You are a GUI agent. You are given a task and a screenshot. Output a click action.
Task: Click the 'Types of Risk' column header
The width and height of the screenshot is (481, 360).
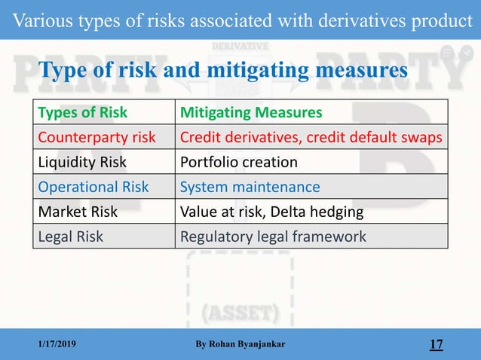coord(83,113)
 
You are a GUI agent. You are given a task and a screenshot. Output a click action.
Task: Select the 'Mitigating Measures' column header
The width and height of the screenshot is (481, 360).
coord(250,113)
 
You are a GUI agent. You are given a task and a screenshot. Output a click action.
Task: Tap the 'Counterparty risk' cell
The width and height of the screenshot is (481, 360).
coord(97,138)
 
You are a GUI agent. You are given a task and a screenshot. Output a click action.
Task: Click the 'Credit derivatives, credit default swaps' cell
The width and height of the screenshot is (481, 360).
coord(311,138)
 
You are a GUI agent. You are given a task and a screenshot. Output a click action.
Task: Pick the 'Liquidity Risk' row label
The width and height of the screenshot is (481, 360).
coord(83,162)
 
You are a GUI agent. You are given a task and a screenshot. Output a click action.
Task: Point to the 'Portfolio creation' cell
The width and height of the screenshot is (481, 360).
coord(239,162)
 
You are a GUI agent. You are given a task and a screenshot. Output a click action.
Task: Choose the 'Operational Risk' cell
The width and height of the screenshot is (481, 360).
coord(93,187)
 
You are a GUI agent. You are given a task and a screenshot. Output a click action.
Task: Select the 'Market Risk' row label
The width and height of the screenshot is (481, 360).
coord(78,212)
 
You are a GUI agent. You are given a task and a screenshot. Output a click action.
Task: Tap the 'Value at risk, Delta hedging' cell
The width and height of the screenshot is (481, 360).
coord(271,212)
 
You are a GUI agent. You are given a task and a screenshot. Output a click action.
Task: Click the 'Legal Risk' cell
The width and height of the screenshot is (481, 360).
coord(71,236)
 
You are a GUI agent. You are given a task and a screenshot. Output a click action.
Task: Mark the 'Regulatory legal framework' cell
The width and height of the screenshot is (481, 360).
coord(273,236)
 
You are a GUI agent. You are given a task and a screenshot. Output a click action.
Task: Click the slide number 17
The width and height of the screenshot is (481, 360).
coord(436,345)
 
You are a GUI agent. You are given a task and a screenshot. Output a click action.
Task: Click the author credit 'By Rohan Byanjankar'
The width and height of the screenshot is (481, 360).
coord(240,345)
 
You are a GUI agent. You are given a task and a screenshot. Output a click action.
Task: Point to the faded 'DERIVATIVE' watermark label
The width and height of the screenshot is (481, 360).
coord(240,46)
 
